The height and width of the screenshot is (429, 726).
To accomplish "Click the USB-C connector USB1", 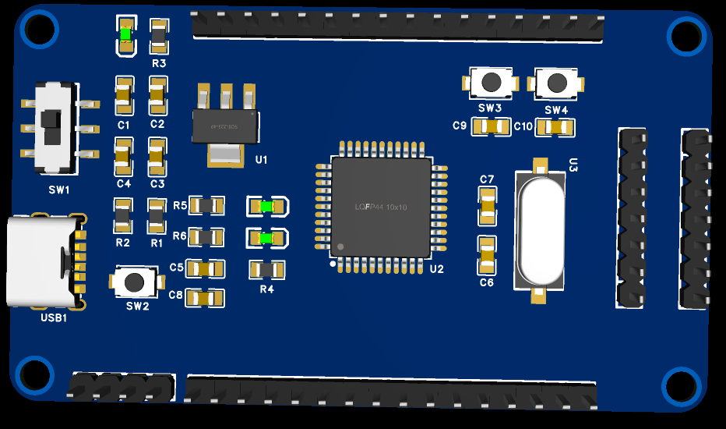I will (43, 261).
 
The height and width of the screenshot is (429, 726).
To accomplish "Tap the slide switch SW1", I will (55, 127).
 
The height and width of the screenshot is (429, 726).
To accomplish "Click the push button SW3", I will (490, 83).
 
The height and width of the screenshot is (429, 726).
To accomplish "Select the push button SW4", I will (556, 83).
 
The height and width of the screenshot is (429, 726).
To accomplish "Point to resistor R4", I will (266, 270).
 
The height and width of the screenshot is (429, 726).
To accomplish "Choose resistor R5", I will (209, 206).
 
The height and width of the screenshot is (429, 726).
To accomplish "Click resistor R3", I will (158, 36).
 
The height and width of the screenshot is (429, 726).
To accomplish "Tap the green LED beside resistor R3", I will (125, 35).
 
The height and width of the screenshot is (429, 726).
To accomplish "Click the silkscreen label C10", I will (523, 126).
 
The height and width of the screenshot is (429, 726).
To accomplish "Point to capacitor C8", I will (205, 297).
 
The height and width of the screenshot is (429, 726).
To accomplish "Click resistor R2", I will (122, 215).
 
